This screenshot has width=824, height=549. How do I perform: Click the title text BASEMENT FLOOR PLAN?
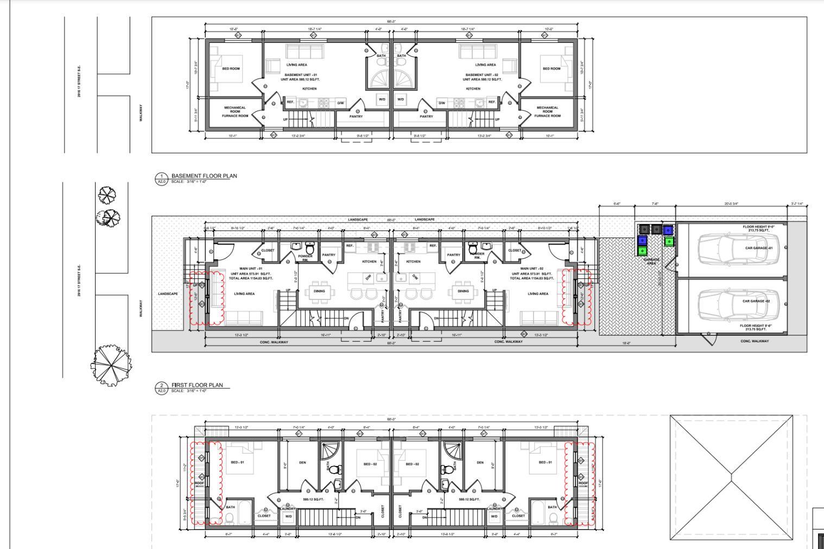(204, 176)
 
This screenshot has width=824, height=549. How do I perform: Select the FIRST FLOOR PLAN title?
(197, 385)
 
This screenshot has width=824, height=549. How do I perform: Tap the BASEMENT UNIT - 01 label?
(300, 75)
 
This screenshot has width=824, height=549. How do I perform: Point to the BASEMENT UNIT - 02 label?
(481, 75)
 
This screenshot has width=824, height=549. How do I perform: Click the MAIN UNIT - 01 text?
(251, 269)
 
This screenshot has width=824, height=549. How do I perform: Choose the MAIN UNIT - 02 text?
(531, 269)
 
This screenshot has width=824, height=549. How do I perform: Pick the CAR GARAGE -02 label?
(756, 301)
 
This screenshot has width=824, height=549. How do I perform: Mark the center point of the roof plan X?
(732, 478)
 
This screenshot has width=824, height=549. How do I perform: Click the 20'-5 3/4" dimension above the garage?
(731, 204)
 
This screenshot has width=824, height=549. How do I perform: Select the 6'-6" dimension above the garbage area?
(617, 204)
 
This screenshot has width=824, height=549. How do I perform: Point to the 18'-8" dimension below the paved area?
(626, 343)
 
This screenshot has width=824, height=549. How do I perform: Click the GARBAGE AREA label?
(651, 261)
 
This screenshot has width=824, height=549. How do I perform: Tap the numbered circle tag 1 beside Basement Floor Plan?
(161, 176)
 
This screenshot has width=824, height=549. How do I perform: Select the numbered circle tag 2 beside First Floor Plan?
(161, 386)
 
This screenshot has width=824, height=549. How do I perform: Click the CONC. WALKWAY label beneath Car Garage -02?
(755, 341)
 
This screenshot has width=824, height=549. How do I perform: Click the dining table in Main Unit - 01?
(319, 291)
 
